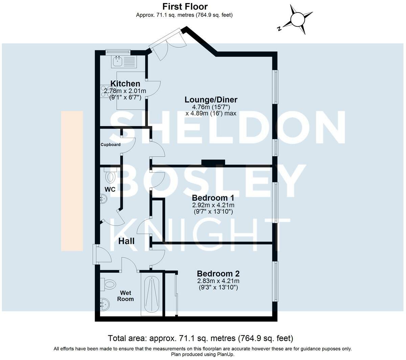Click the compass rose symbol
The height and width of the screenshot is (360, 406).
click(x=297, y=19)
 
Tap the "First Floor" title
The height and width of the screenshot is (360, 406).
click(x=185, y=6)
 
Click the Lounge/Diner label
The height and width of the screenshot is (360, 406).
click(x=211, y=100)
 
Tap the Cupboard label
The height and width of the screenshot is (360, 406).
click(x=111, y=145)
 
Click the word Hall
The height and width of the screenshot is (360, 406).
click(x=126, y=241)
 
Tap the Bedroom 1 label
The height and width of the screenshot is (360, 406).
click(x=213, y=198)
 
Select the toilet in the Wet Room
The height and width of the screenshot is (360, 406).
click(x=109, y=284)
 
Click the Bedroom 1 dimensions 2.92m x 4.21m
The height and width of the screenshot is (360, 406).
click(x=213, y=205)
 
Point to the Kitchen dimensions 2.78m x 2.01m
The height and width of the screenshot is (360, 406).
click(x=125, y=91)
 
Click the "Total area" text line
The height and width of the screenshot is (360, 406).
click(x=200, y=338)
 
